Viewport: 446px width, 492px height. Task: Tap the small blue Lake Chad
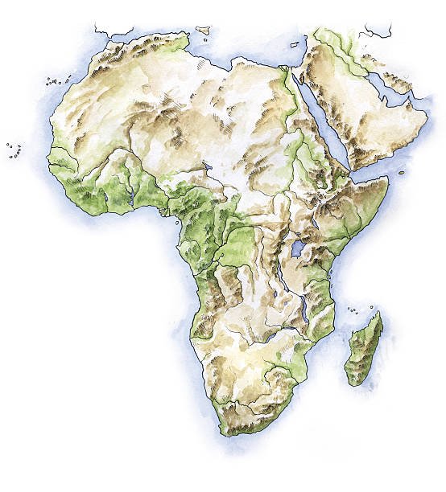tap(208, 168)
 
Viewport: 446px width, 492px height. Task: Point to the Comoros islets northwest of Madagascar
tap(353, 310)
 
